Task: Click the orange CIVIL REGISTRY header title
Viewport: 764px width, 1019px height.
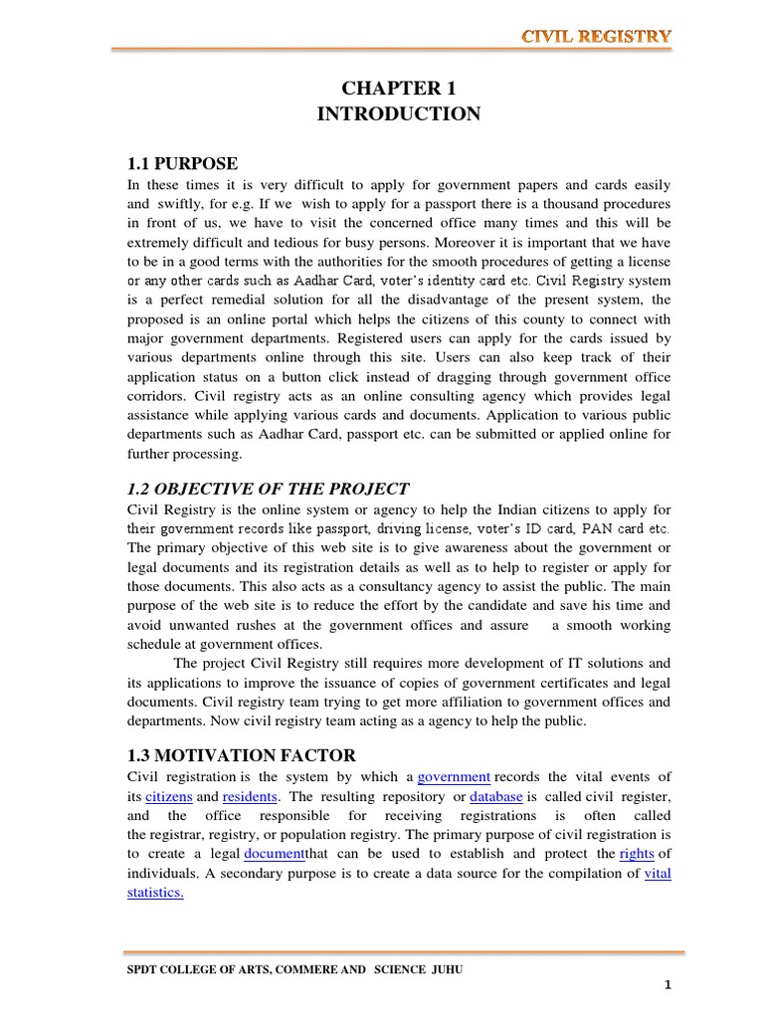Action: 596,37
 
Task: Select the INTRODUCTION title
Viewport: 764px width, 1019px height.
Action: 398,114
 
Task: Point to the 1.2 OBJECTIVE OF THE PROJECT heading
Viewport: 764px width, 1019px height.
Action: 268,488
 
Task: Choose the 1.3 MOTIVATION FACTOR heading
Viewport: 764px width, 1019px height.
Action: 242,755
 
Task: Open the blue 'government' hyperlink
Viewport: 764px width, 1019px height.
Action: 454,776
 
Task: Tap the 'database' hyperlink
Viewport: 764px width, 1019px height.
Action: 496,797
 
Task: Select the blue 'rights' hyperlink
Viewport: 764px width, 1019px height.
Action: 637,853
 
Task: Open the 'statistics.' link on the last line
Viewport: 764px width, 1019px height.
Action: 155,893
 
